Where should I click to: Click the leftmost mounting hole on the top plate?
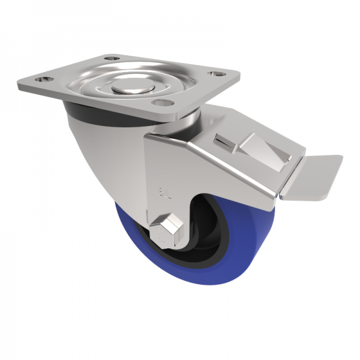point(44,78)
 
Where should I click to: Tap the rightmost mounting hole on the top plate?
point(213,75)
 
